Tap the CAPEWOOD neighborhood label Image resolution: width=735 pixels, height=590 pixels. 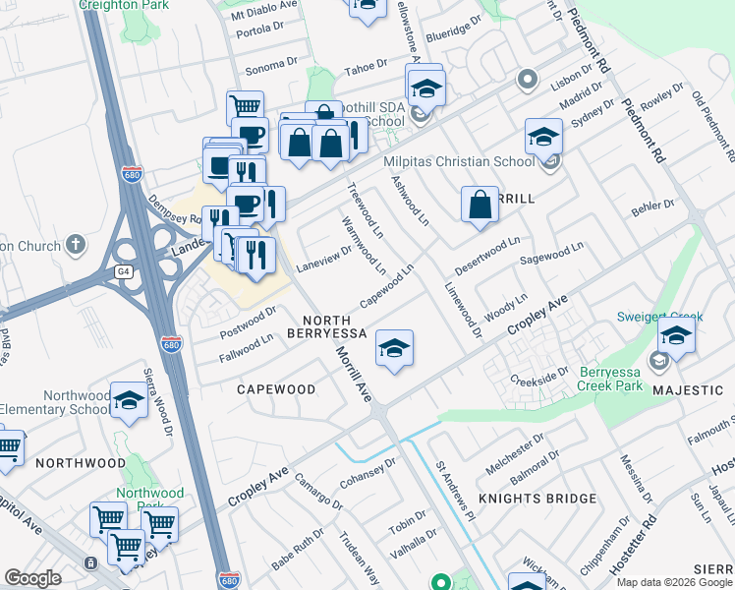tap(276, 389)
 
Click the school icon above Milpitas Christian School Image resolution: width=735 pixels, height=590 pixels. tap(543, 139)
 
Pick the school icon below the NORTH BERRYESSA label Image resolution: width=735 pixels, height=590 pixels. tap(394, 349)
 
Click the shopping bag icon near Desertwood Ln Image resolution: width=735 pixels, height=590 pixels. tap(481, 206)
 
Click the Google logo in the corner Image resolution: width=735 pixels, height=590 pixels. tap(33, 578)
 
